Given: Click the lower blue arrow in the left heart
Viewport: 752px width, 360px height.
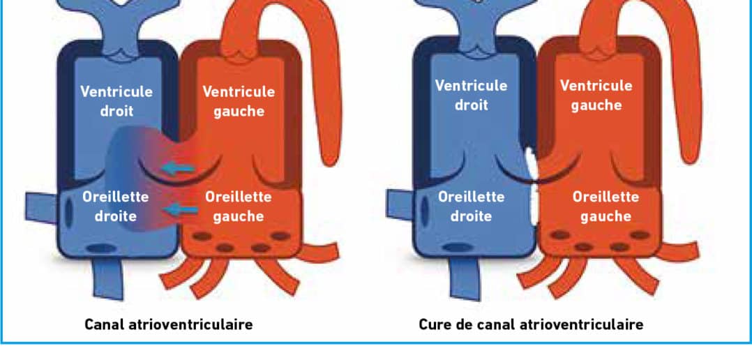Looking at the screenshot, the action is pos(181,209).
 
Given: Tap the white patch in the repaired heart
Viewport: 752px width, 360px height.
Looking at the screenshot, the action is pos(532,186).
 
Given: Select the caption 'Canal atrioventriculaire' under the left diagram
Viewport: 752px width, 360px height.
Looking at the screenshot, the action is pos(168,324).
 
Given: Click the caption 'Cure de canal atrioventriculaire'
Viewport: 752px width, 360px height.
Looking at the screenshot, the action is pos(531,324).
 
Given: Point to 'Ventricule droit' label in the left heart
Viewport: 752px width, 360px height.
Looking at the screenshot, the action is pos(116,101).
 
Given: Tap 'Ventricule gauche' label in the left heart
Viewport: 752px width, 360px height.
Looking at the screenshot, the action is pos(239,101).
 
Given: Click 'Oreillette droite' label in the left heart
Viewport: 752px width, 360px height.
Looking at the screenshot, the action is pos(116,206).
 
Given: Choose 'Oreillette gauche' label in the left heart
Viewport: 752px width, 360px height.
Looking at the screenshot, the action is pos(239,207).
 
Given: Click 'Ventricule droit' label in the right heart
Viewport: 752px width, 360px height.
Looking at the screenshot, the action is pos(471,96).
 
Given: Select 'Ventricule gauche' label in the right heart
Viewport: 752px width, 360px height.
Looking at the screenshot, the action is pos(596,96).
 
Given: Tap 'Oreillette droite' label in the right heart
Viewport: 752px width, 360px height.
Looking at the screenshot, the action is pos(471,207).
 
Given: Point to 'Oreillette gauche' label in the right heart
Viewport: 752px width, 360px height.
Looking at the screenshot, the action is pos(606,207).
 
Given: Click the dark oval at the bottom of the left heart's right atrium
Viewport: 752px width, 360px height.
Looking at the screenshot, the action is pos(101,249).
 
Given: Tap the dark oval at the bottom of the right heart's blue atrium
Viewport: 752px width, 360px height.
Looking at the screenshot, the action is pos(456,248).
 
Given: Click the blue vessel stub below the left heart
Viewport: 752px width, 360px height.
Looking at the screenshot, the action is pos(108,280).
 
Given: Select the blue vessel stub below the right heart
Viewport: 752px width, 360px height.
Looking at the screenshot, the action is pos(465,280).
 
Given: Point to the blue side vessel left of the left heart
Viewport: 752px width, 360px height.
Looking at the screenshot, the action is pos(42,208).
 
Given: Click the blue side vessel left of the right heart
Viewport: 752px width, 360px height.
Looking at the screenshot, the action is pos(402,206).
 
